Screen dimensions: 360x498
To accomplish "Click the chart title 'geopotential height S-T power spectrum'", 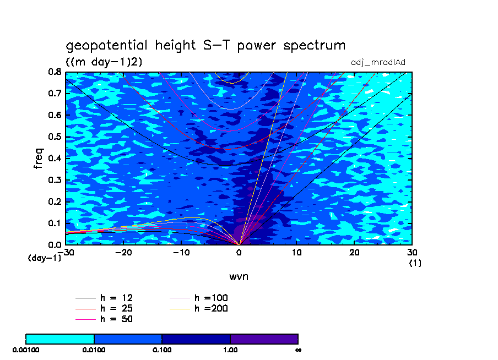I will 205,46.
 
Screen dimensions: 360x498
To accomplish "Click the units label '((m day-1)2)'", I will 104,62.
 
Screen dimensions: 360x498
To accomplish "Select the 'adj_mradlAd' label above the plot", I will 378,63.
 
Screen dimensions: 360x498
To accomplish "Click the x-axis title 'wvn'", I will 239,276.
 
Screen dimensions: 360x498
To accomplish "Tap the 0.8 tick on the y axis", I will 55,72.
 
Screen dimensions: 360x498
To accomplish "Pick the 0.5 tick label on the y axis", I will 55,137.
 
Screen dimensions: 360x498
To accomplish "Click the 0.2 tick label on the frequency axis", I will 55,201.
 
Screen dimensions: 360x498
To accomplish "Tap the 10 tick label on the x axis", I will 296,252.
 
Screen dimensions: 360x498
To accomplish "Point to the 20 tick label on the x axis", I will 354,252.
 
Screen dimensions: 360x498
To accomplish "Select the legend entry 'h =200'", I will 211,308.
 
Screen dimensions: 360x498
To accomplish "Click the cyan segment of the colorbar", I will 60,339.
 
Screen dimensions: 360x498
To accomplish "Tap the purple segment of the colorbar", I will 264,339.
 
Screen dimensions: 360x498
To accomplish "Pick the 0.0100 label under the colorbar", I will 94,350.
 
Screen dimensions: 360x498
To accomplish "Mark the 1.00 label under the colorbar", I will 230,350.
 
